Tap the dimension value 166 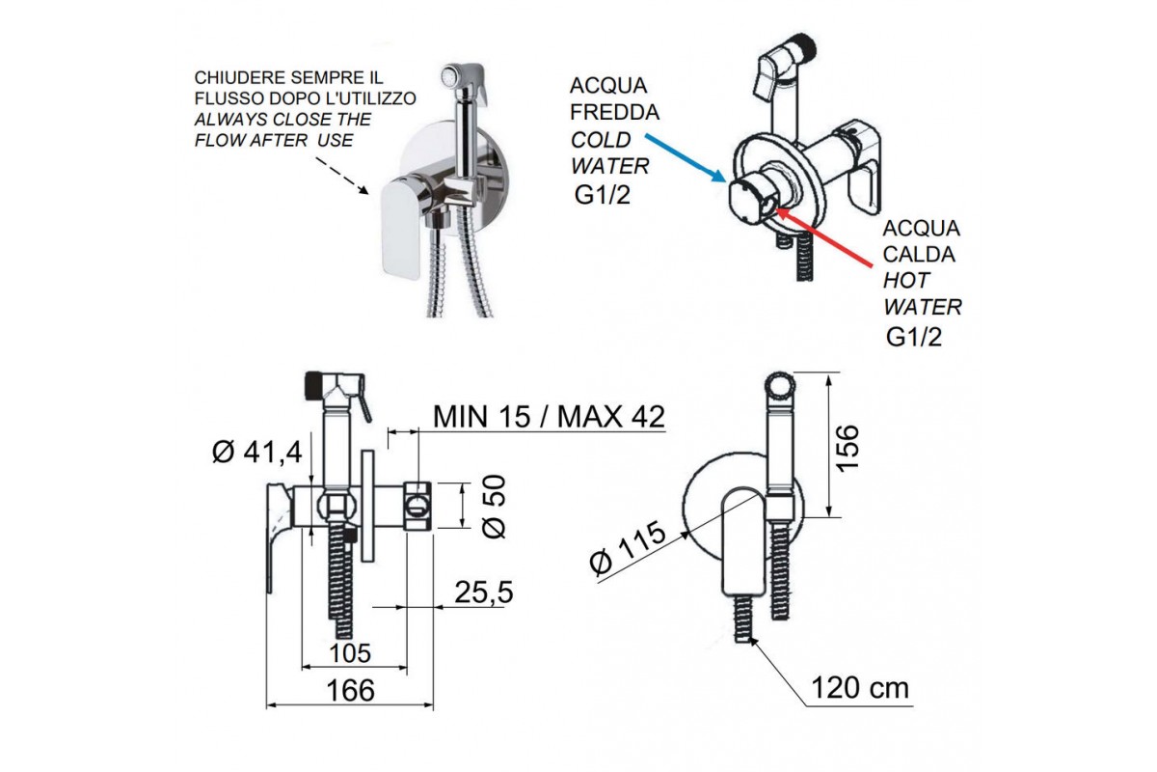click(x=349, y=690)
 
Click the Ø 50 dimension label click(x=492, y=507)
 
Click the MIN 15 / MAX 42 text click(x=549, y=417)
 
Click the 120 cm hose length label click(x=860, y=688)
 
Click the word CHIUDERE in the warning click(x=229, y=76)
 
